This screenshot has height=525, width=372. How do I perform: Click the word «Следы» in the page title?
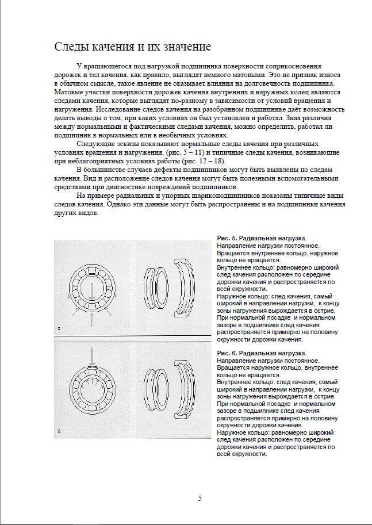pyautogui.click(x=70, y=47)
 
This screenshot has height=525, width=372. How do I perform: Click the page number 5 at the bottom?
pyautogui.click(x=200, y=498)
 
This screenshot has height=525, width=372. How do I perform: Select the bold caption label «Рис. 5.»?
pyautogui.click(x=231, y=238)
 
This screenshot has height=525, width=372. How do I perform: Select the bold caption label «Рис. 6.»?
pyautogui.click(x=231, y=352)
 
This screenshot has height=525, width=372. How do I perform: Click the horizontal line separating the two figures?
pyautogui.click(x=132, y=336)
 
